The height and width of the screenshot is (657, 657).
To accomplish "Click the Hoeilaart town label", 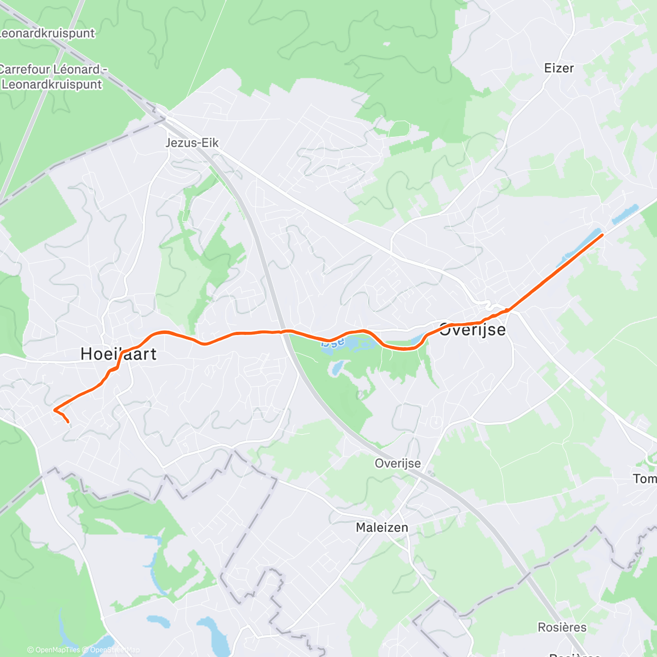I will coord(118,354).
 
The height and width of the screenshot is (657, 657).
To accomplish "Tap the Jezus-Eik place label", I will coord(192,143).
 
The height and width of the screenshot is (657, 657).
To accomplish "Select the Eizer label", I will coord(558,68).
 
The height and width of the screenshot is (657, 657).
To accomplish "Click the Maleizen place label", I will coord(382,528).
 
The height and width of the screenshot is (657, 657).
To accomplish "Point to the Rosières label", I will coord(562,627).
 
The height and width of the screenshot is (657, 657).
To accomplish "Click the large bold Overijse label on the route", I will coord(472,330).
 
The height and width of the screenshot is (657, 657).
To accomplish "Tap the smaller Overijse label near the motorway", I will coord(397,463).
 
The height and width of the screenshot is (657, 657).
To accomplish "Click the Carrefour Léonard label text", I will coord(52,70).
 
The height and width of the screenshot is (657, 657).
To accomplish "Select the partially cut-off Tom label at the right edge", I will coord(644,479).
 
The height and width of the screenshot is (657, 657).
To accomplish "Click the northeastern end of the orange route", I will coord(602,234).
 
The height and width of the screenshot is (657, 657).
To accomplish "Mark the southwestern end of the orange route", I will coord(68,422).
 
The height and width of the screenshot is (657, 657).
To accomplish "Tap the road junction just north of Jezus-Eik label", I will coord(165,118).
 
